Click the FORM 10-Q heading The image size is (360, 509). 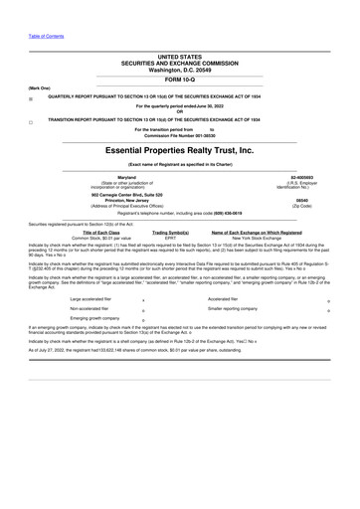[x=179, y=80]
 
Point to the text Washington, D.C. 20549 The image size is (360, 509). [x=179, y=70]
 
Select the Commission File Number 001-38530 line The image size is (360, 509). [x=179, y=135]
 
